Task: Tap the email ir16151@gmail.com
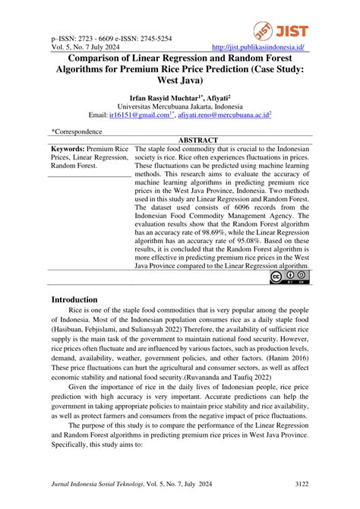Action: (x=137, y=115)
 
